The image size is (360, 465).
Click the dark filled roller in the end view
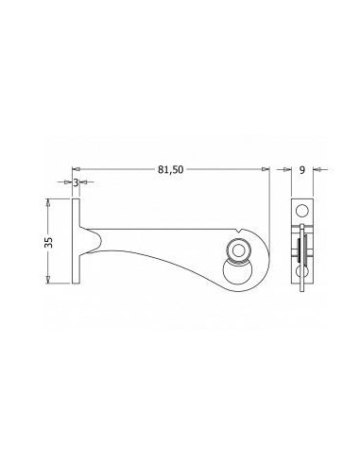(300, 251)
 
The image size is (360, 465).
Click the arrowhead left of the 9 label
(286, 170)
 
